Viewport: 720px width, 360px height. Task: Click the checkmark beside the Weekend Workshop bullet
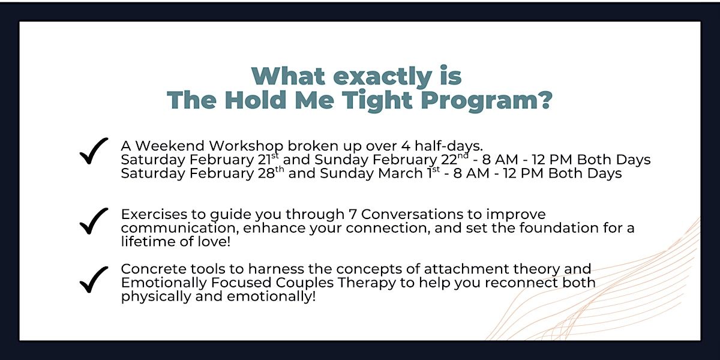[x=94, y=151]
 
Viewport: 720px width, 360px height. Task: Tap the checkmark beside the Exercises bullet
[x=94, y=221]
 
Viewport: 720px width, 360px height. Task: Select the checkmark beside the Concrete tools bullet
[x=94, y=280]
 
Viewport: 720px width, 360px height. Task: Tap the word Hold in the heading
[x=256, y=100]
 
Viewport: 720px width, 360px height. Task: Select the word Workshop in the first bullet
[x=246, y=146]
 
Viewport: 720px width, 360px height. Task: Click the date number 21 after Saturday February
[x=264, y=160]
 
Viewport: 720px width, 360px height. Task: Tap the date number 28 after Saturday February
[x=266, y=173]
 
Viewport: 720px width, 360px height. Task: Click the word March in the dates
[x=400, y=173]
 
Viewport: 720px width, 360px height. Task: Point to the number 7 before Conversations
[x=353, y=214]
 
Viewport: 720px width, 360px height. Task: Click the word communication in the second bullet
[x=179, y=228]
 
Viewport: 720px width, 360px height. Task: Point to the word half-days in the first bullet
[x=449, y=146]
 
